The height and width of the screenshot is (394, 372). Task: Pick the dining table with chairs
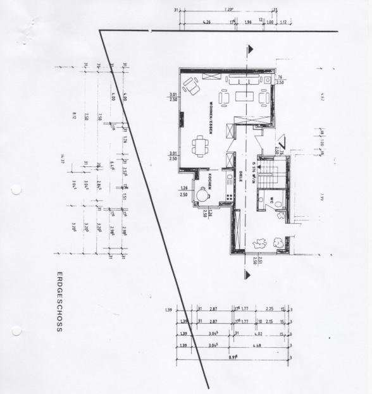201,145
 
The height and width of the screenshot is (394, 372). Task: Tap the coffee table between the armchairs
243,97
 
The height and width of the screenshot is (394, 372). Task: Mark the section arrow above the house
251,49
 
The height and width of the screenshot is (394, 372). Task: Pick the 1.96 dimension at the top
248,22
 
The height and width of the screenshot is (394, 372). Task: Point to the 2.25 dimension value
269,309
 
